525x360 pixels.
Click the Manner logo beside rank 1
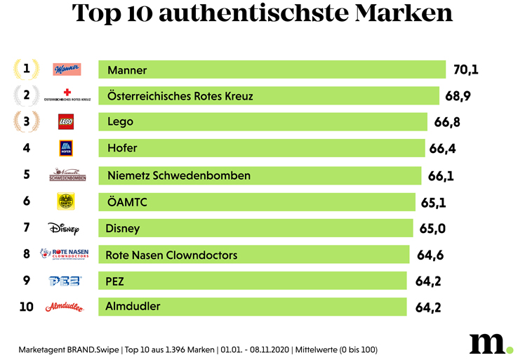[67, 69]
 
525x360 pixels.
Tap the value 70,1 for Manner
[465, 69]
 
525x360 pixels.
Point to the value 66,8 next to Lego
[447, 122]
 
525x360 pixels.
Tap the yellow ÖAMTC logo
[66, 201]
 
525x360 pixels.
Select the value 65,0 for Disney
[432, 228]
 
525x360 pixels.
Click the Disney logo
[65, 228]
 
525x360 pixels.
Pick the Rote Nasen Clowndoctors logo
[65, 254]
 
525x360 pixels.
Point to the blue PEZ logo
[65, 281]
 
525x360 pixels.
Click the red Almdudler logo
[65, 307]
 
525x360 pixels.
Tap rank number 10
[27, 307]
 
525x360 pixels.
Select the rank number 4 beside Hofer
[27, 148]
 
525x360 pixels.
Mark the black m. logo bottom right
[490, 342]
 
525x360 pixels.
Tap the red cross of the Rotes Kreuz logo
[67, 91]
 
